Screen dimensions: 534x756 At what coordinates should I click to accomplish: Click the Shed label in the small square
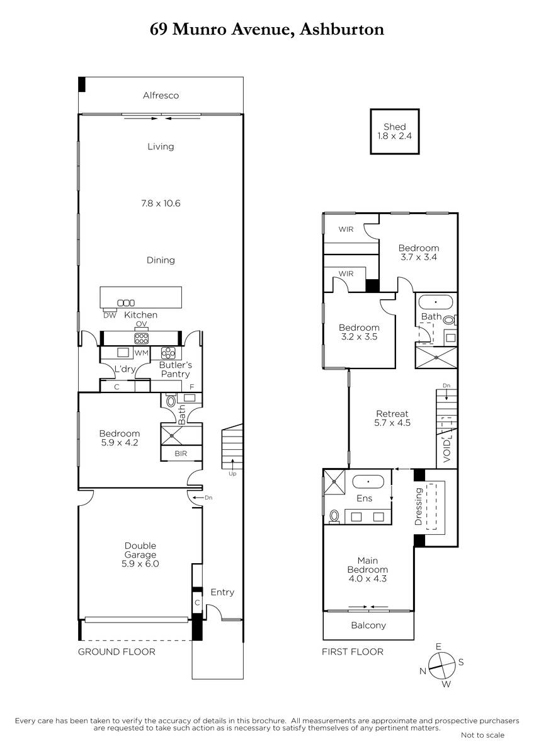pyautogui.click(x=394, y=127)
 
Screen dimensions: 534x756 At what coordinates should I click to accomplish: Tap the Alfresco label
pyautogui.click(x=161, y=96)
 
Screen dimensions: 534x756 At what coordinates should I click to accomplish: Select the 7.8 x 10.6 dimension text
pyautogui.click(x=161, y=203)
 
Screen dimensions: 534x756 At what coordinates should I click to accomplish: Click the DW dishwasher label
pyautogui.click(x=110, y=315)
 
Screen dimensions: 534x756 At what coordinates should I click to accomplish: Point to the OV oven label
pyautogui.click(x=141, y=324)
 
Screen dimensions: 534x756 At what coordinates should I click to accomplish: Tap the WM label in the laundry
pyautogui.click(x=141, y=353)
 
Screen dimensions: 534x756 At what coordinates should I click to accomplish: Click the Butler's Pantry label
pyautogui.click(x=176, y=369)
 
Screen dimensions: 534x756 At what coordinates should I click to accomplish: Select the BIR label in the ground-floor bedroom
pyautogui.click(x=181, y=454)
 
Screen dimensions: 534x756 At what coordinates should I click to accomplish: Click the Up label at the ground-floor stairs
pyautogui.click(x=232, y=474)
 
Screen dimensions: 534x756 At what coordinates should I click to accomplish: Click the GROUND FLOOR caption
pyautogui.click(x=116, y=651)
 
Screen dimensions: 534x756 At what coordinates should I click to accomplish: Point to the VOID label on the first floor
pyautogui.click(x=446, y=451)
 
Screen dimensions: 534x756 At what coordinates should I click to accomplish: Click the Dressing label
pyautogui.click(x=418, y=507)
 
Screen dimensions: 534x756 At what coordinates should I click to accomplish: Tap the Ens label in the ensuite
pyautogui.click(x=365, y=498)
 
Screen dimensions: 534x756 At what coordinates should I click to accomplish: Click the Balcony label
pyautogui.click(x=368, y=626)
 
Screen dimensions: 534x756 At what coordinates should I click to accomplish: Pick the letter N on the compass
pyautogui.click(x=423, y=671)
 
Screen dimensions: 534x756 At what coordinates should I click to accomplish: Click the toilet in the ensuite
pyautogui.click(x=334, y=517)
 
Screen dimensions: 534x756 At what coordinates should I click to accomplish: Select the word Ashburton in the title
pyautogui.click(x=342, y=30)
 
